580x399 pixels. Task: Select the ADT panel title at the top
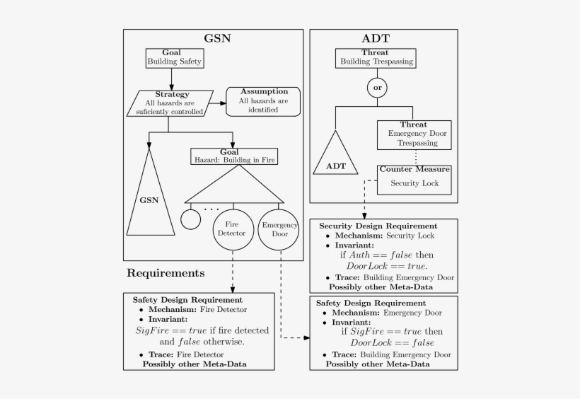[375, 38]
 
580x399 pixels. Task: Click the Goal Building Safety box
[175, 57]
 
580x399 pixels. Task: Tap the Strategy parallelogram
[170, 103]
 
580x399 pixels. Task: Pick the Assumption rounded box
[263, 101]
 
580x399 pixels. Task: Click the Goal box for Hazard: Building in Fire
[233, 155]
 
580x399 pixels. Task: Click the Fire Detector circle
[233, 229]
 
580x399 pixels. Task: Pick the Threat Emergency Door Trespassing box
[413, 134]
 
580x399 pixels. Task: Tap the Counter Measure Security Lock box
[414, 178]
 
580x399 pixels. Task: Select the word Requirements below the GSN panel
[166, 272]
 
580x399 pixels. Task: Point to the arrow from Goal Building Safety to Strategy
[172, 79]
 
